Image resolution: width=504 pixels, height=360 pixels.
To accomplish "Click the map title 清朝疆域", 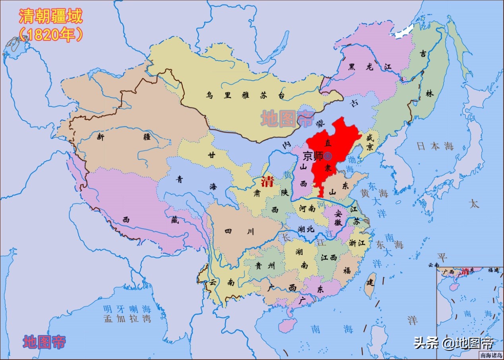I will [50, 17].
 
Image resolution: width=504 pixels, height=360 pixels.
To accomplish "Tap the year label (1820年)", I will [50, 35].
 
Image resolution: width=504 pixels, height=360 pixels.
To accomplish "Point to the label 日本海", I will [435, 146].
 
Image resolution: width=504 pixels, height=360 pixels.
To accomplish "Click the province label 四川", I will [239, 232].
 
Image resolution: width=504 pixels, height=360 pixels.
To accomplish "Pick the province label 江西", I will [329, 257].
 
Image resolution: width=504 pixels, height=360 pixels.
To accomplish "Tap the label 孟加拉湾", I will [127, 318].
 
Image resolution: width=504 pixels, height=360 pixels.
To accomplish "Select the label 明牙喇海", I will [127, 309].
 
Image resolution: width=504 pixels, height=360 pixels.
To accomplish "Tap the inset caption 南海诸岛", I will [491, 355].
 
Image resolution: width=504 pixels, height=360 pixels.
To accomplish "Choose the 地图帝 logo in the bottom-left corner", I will [44, 342].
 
